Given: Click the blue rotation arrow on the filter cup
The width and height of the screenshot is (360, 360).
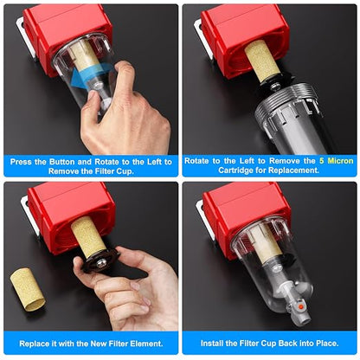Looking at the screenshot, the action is [x=87, y=75].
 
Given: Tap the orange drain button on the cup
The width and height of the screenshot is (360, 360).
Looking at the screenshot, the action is [x=302, y=305].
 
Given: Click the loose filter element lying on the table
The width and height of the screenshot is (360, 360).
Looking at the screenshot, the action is [x=28, y=290].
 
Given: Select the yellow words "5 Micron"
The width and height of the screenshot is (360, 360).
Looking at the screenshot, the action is [x=336, y=161].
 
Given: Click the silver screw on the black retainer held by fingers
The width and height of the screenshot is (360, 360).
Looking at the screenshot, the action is [x=100, y=263].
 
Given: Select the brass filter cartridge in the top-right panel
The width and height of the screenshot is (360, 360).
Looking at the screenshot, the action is [x=262, y=61].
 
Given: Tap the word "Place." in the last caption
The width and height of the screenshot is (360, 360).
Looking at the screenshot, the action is [x=327, y=344].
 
